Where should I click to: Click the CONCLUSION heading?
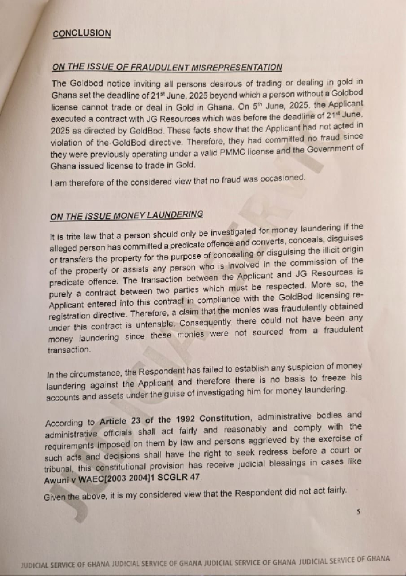click(82, 33)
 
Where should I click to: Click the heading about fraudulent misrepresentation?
click(167, 66)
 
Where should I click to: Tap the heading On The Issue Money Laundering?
click(127, 215)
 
